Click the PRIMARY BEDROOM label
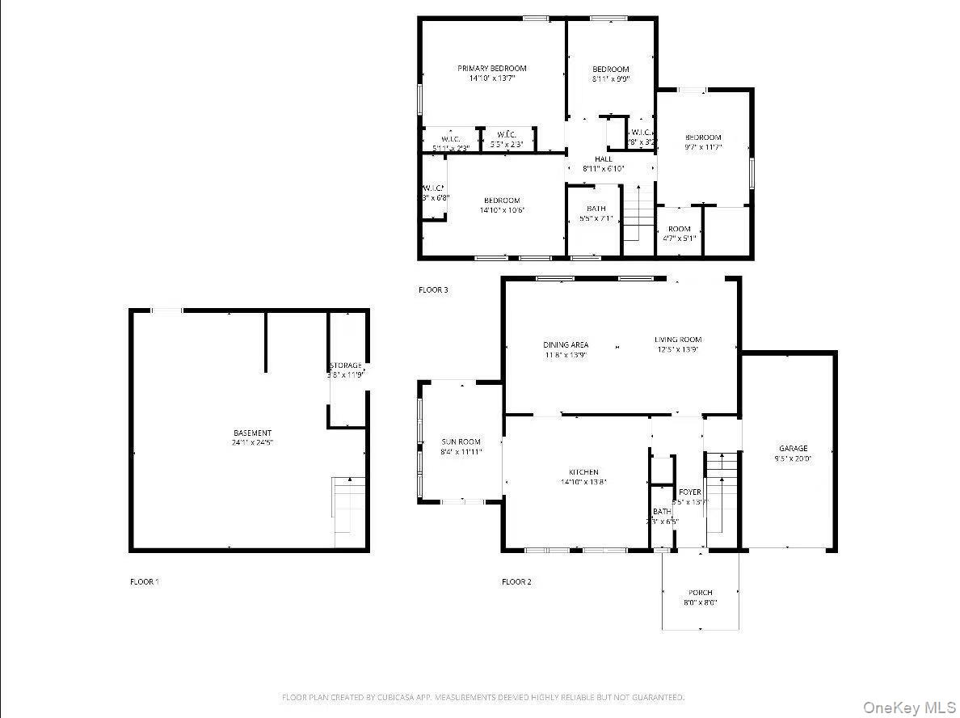491,69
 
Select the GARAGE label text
793,449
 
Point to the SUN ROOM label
461,442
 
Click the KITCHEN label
583,472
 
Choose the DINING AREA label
566,345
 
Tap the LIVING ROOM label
677,340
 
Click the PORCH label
700,593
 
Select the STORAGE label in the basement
346,366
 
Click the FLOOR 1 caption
145,581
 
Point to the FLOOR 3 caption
433,289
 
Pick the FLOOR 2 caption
516,581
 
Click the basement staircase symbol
347,505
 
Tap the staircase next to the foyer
722,497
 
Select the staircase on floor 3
638,213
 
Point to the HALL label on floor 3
603,159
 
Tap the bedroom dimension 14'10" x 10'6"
502,210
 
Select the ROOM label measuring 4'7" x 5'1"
679,229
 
